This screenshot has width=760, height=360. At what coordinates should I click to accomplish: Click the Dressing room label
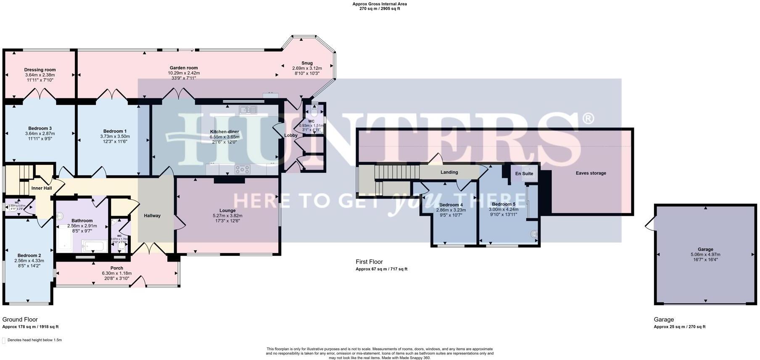tap(40, 70)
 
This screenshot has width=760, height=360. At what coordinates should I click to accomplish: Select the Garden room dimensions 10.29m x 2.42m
tap(184, 73)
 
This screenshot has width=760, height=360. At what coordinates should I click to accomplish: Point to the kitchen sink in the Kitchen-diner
tap(248, 110)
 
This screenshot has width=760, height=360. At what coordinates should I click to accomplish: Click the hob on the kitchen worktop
tap(242, 169)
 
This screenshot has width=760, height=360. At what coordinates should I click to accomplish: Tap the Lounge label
tap(227, 210)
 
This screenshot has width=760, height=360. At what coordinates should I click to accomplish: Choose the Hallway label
tap(152, 216)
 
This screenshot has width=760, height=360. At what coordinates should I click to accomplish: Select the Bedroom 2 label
tap(29, 255)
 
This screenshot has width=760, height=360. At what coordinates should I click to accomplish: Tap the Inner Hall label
tap(42, 188)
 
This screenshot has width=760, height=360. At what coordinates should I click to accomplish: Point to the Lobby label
tap(291, 135)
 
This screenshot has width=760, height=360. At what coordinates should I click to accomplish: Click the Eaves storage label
tap(591, 173)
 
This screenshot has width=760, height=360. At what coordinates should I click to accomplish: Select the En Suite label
tap(524, 174)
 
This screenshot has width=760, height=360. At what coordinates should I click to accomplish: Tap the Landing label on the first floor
tap(449, 172)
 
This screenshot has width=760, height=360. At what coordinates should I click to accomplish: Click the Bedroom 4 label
tap(451, 205)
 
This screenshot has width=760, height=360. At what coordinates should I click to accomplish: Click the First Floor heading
tap(369, 262)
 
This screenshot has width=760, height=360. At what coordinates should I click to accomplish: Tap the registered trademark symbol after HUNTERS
tap(588, 118)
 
